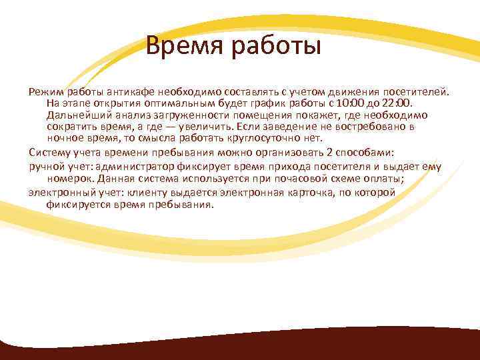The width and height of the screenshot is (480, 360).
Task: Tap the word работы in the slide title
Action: click(x=275, y=48)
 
